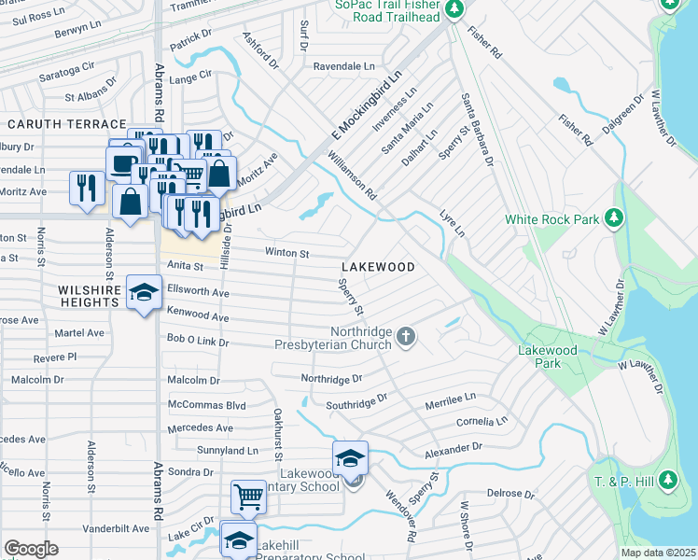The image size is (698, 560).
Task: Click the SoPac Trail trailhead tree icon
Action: (454, 9)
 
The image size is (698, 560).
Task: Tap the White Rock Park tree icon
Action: (613, 219)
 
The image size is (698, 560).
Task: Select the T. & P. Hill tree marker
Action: (666, 481)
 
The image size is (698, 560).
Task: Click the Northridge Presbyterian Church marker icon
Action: (405, 336)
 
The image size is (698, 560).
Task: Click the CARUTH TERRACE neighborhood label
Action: (66, 124)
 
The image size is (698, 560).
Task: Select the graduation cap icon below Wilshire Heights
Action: (144, 294)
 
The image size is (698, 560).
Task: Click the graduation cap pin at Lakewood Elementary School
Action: (350, 458)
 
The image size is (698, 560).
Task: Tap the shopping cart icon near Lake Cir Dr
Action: (248, 496)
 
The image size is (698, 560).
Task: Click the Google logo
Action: (31, 549)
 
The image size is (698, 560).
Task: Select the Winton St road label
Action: (286, 252)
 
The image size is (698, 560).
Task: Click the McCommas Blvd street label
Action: (206, 405)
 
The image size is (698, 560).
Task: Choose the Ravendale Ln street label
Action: (343, 67)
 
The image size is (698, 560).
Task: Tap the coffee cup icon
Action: (122, 163)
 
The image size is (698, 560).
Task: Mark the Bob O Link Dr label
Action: (198, 342)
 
